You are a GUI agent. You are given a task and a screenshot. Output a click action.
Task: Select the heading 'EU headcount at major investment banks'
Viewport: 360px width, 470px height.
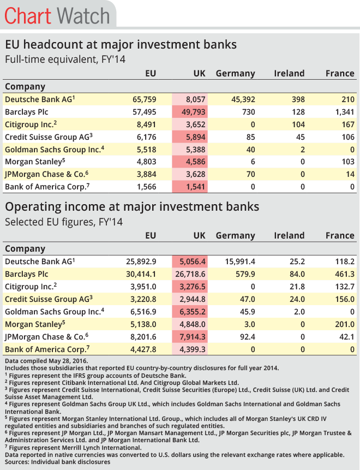pyautogui.click(x=121, y=44)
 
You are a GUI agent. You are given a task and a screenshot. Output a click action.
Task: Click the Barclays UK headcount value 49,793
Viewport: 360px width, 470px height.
pyautogui.click(x=192, y=112)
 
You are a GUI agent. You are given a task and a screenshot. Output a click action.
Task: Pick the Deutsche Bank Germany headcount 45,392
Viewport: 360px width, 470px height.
pyautogui.click(x=239, y=99)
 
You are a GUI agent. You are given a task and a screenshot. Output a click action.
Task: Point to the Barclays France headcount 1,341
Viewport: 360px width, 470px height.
pyautogui.click(x=343, y=112)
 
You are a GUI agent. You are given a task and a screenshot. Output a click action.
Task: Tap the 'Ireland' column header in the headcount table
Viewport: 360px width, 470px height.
pyautogui.click(x=289, y=73)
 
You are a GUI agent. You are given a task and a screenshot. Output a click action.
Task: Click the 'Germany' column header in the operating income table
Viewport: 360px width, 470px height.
pyautogui.click(x=235, y=236)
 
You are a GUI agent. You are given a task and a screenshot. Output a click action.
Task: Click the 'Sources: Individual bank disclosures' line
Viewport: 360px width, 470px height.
pyautogui.click(x=57, y=462)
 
